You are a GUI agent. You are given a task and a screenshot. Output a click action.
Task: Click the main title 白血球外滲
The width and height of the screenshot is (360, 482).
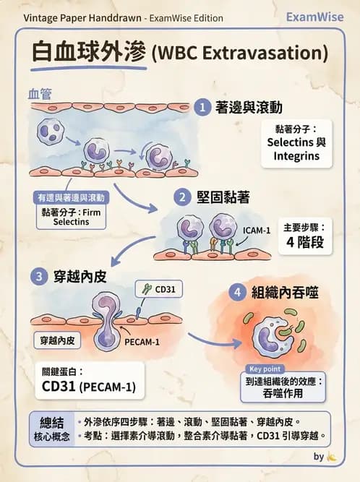[90, 53]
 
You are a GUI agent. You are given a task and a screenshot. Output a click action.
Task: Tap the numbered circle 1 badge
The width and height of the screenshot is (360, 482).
[203, 108]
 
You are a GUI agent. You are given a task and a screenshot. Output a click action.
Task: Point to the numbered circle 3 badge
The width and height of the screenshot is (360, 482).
[40, 275]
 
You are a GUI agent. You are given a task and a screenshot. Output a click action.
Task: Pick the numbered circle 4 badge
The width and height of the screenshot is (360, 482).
[237, 293]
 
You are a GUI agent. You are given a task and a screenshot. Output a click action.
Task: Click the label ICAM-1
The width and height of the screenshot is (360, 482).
[257, 231]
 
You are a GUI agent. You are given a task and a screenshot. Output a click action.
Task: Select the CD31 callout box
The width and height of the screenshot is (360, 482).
[160, 289]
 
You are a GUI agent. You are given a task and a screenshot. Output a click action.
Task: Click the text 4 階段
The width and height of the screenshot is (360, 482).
[309, 241]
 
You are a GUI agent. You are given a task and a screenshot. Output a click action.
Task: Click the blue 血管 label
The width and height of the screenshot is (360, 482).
[40, 93]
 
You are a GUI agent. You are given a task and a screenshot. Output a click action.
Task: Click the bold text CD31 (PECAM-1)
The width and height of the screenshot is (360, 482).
[89, 387]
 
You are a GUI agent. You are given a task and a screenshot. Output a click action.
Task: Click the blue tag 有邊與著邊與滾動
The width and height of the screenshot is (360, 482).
[71, 197]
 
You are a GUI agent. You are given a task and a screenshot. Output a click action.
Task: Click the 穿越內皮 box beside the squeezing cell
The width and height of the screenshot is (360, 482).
[57, 338]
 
